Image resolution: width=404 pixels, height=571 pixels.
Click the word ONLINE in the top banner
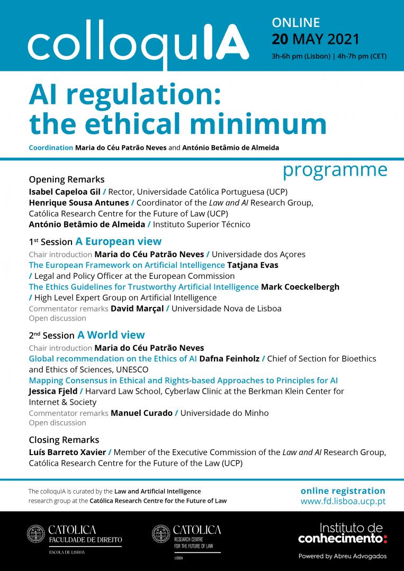coord(296,22)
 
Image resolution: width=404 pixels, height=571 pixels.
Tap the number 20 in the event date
coord(281,39)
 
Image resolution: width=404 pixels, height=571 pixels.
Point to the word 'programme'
coord(335,170)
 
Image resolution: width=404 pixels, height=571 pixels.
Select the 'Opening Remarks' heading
coord(67,179)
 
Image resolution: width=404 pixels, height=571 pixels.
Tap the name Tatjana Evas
coord(253,265)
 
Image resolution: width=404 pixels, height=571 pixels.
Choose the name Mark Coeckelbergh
coord(300,286)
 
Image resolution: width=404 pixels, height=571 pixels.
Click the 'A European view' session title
coord(118,242)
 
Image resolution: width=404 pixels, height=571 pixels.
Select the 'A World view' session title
coord(111,335)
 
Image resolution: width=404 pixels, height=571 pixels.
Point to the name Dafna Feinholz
coord(229,358)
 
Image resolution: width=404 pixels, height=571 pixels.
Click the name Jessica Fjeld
coord(53,391)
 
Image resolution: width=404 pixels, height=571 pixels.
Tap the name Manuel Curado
coord(141,413)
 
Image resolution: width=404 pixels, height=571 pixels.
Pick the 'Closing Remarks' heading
coord(64,440)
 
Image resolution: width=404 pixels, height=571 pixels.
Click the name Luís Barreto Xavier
coord(67,452)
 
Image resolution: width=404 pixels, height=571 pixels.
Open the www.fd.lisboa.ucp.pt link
coord(343,501)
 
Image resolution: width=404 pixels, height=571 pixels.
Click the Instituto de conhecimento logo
coord(343,533)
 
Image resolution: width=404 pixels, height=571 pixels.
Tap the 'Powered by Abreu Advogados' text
coord(343,556)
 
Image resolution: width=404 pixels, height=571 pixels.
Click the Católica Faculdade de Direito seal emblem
coord(36,534)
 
